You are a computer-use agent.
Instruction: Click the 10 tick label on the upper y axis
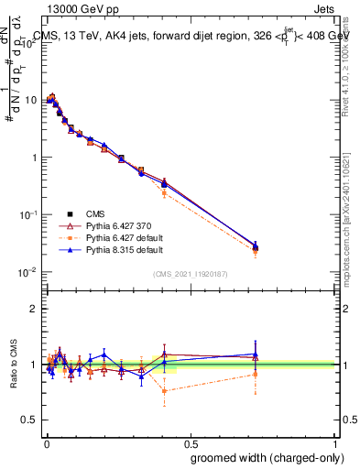coord(30,99)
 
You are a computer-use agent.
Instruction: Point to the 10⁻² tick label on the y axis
coord(28,272)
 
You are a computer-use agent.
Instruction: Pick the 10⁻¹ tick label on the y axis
coord(28,214)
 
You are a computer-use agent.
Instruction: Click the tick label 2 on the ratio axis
coord(35,309)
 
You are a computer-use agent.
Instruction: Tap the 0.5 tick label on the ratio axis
coord(30,420)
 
